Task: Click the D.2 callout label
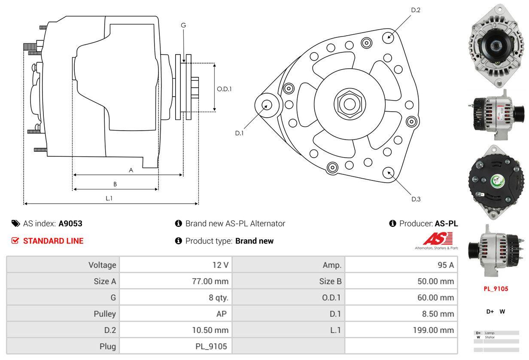pyautogui.click(x=415, y=10)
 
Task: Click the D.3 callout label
pyautogui.click(x=416, y=199)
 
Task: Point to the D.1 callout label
pyautogui.click(x=239, y=133)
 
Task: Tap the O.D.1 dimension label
pyautogui.click(x=224, y=89)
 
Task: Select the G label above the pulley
pyautogui.click(x=183, y=25)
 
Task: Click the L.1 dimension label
pyautogui.click(x=109, y=198)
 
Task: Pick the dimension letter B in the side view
pyautogui.click(x=115, y=184)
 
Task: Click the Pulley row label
pyautogui.click(x=105, y=314)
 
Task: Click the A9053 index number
pyautogui.click(x=70, y=223)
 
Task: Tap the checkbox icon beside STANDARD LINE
pyautogui.click(x=15, y=241)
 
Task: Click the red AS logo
pyautogui.click(x=438, y=238)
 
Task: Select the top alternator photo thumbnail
pyautogui.click(x=496, y=45)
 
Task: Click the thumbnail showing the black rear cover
pyautogui.click(x=496, y=183)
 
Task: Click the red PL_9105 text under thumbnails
pyautogui.click(x=496, y=289)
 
